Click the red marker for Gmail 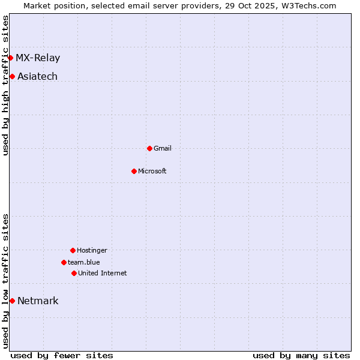[149, 148]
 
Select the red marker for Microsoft [134, 171]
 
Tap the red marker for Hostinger [73, 250]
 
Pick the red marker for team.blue [64, 262]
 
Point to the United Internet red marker [74, 273]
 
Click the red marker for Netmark [12, 301]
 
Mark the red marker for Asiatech [12, 76]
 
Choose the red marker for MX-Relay [10, 58]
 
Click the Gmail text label [163, 148]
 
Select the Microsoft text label [152, 171]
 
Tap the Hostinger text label [92, 250]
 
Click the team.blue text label [84, 262]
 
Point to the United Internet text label [103, 273]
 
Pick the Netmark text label [38, 301]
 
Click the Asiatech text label [37, 76]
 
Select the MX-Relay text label [38, 58]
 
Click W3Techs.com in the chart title [308, 5]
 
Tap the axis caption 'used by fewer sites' [62, 355]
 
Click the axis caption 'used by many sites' [301, 355]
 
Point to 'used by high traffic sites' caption [5, 85]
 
